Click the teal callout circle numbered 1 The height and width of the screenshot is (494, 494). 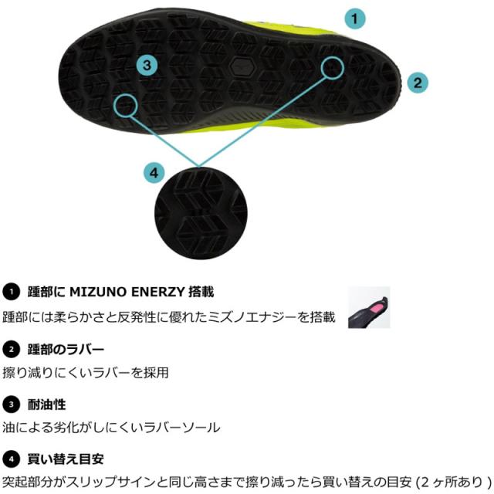(x=355, y=19)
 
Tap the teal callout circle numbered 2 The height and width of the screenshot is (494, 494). (x=418, y=83)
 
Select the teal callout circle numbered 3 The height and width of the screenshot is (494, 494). (x=147, y=65)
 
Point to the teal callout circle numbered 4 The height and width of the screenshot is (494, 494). (x=154, y=173)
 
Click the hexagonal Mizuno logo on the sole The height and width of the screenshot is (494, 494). (x=242, y=66)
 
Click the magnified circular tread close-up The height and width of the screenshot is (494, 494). (x=201, y=213)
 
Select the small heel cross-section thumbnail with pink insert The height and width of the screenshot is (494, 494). (x=369, y=307)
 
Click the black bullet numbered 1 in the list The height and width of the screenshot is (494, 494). (x=12, y=292)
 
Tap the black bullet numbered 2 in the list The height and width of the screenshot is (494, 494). (x=12, y=350)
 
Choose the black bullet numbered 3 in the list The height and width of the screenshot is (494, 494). (x=12, y=404)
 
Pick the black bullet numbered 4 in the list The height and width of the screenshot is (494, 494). (x=12, y=459)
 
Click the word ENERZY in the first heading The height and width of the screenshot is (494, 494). (x=157, y=292)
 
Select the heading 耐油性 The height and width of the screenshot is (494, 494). (x=46, y=404)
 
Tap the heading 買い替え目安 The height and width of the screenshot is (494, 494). (x=66, y=459)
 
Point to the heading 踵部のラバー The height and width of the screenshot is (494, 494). (x=66, y=350)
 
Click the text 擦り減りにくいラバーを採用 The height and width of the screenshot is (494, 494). (x=86, y=373)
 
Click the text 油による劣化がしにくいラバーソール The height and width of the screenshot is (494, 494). (x=111, y=428)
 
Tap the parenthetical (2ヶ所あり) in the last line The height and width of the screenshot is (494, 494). (x=453, y=482)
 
